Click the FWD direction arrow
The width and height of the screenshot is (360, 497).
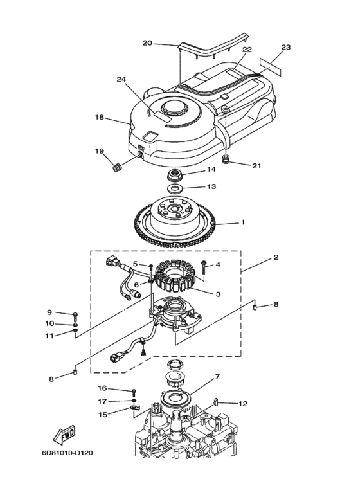64,435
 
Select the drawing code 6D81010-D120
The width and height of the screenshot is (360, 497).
67,453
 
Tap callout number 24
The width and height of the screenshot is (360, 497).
121,79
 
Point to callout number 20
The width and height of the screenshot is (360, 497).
147,43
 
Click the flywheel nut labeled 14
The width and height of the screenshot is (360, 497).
174,175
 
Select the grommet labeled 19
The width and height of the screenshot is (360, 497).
118,167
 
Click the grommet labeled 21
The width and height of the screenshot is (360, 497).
226,159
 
